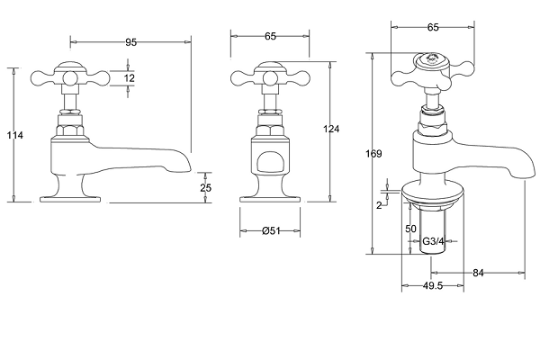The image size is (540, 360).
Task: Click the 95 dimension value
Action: pyautogui.click(x=130, y=42)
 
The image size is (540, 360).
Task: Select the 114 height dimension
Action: pyautogui.click(x=15, y=135)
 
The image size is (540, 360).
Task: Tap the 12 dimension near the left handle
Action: pyautogui.click(x=129, y=78)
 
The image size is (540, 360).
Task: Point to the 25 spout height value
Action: pyautogui.click(x=205, y=188)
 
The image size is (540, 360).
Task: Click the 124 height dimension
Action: pyautogui.click(x=331, y=129)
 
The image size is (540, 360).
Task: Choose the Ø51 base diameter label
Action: pyautogui.click(x=272, y=230)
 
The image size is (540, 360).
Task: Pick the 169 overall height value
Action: pyautogui.click(x=373, y=153)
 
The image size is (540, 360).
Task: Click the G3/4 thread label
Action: pyautogui.click(x=433, y=241)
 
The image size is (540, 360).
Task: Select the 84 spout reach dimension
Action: pyautogui.click(x=478, y=274)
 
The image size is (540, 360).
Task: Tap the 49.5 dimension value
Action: pyautogui.click(x=433, y=285)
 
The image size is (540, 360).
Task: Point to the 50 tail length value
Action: pyautogui.click(x=411, y=229)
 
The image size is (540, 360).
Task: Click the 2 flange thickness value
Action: pyautogui.click(x=379, y=205)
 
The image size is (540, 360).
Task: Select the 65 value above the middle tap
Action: pyautogui.click(x=271, y=36)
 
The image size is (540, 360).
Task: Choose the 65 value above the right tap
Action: pyautogui.click(x=433, y=27)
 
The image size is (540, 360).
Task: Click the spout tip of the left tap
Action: pyautogui.click(x=188, y=167)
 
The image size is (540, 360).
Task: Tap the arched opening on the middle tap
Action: pyautogui.click(x=271, y=162)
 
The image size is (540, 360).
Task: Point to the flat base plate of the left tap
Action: pyautogui.click(x=70, y=199)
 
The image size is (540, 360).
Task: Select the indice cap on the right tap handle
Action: pyautogui.click(x=430, y=60)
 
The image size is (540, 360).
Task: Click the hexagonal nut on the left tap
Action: pyautogui.click(x=70, y=131)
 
